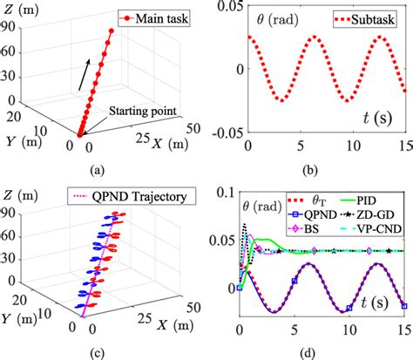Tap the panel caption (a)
pos(102,169)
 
